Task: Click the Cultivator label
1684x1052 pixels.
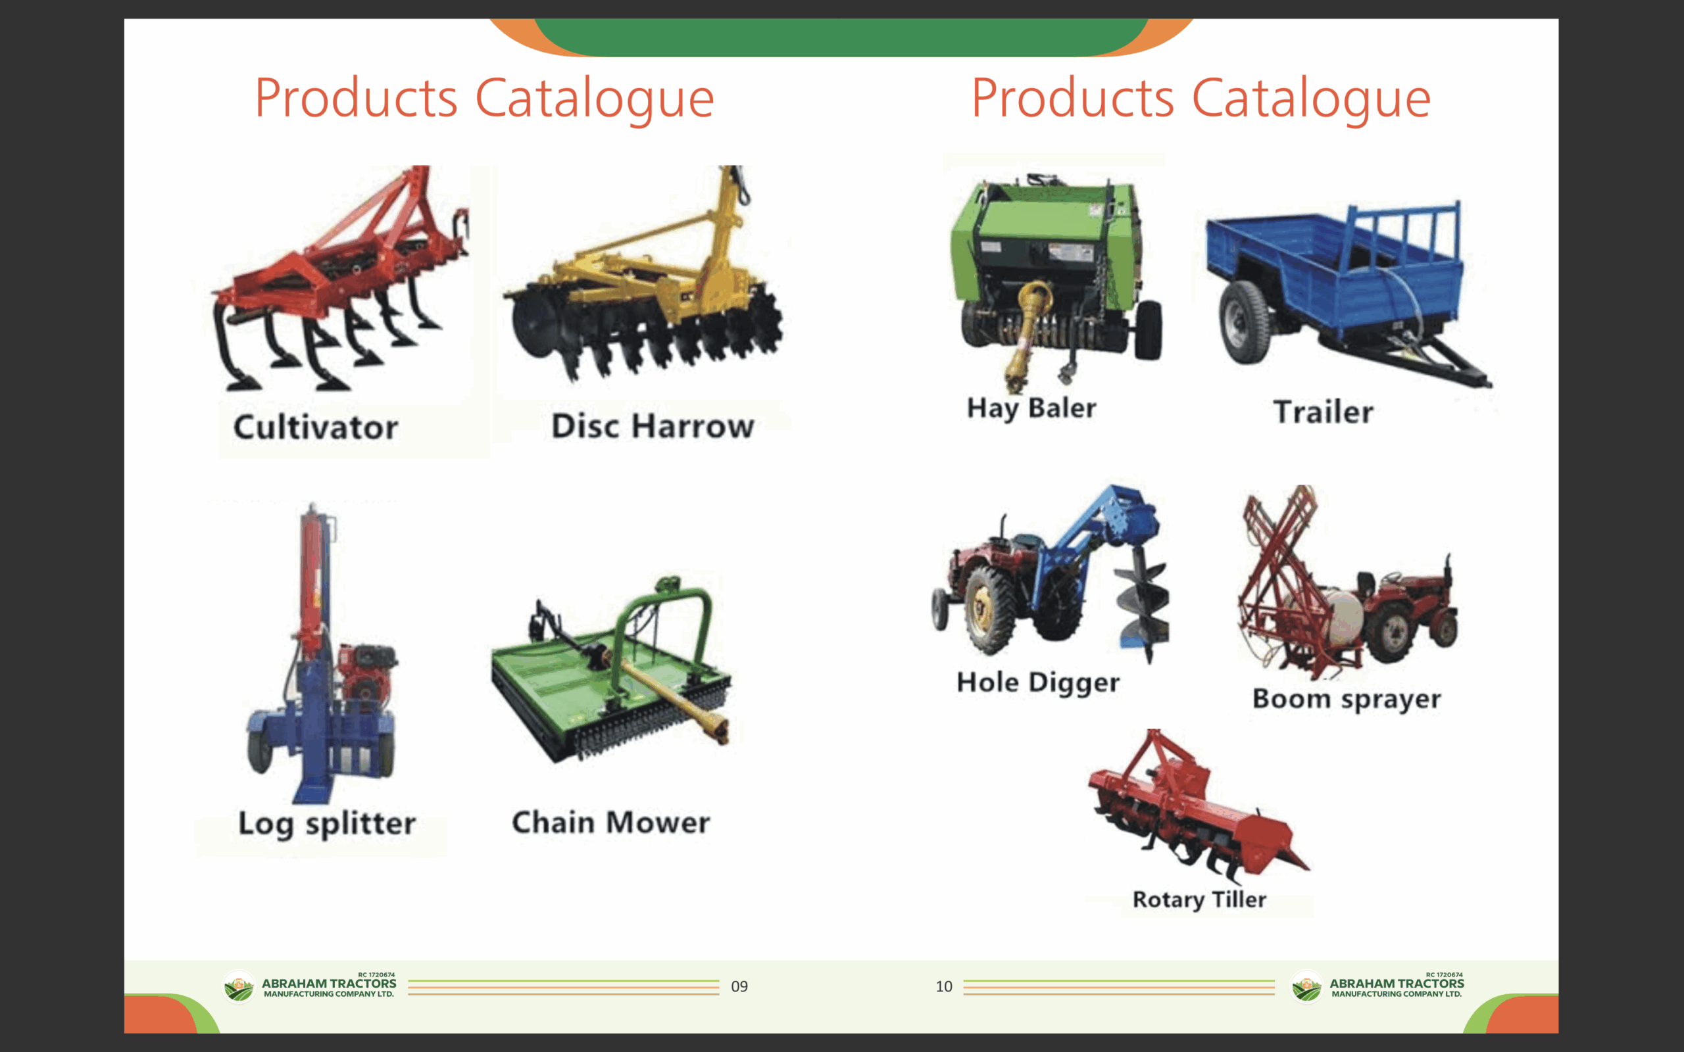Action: point(316,427)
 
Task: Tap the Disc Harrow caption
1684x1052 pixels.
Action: point(653,426)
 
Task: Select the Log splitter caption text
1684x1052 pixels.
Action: point(327,824)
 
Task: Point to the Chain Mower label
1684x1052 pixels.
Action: point(611,823)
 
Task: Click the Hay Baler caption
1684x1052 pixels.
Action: point(1031,408)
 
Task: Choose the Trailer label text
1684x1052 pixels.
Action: point(1324,412)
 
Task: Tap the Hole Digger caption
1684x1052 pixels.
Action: point(1038,682)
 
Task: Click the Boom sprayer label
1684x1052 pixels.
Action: point(1347,698)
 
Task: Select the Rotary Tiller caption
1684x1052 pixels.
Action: point(1200,899)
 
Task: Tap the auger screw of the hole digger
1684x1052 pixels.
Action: point(1143,602)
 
